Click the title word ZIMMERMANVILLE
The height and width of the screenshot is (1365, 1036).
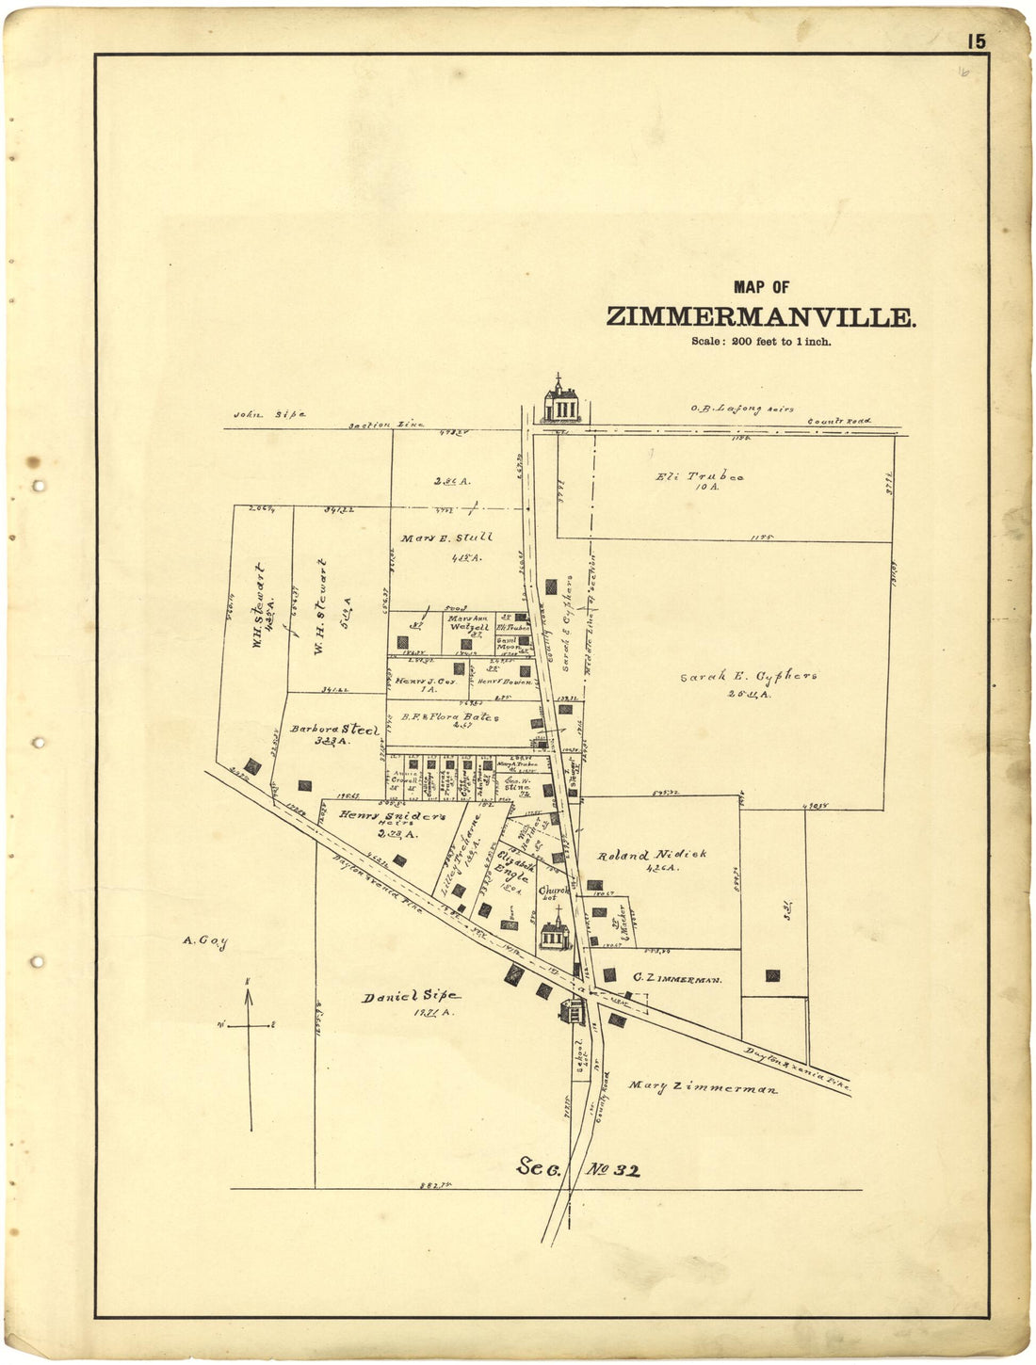(759, 317)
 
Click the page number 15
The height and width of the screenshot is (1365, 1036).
(975, 41)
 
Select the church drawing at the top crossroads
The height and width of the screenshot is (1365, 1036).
(562, 401)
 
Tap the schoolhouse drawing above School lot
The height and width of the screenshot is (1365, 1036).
(572, 1012)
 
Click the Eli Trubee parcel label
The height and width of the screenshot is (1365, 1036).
(699, 476)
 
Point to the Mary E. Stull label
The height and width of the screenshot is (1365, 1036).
(446, 538)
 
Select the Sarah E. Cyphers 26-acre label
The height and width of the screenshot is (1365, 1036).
(748, 677)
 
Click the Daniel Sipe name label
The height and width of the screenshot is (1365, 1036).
(411, 996)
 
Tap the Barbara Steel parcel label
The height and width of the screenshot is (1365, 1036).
(334, 730)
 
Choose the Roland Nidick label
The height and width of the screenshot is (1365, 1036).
(652, 856)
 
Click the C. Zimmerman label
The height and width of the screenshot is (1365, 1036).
(677, 979)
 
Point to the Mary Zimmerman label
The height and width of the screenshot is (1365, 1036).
(703, 1088)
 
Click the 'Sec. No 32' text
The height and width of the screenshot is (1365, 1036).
(578, 1169)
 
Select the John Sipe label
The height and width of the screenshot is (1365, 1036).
(270, 414)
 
